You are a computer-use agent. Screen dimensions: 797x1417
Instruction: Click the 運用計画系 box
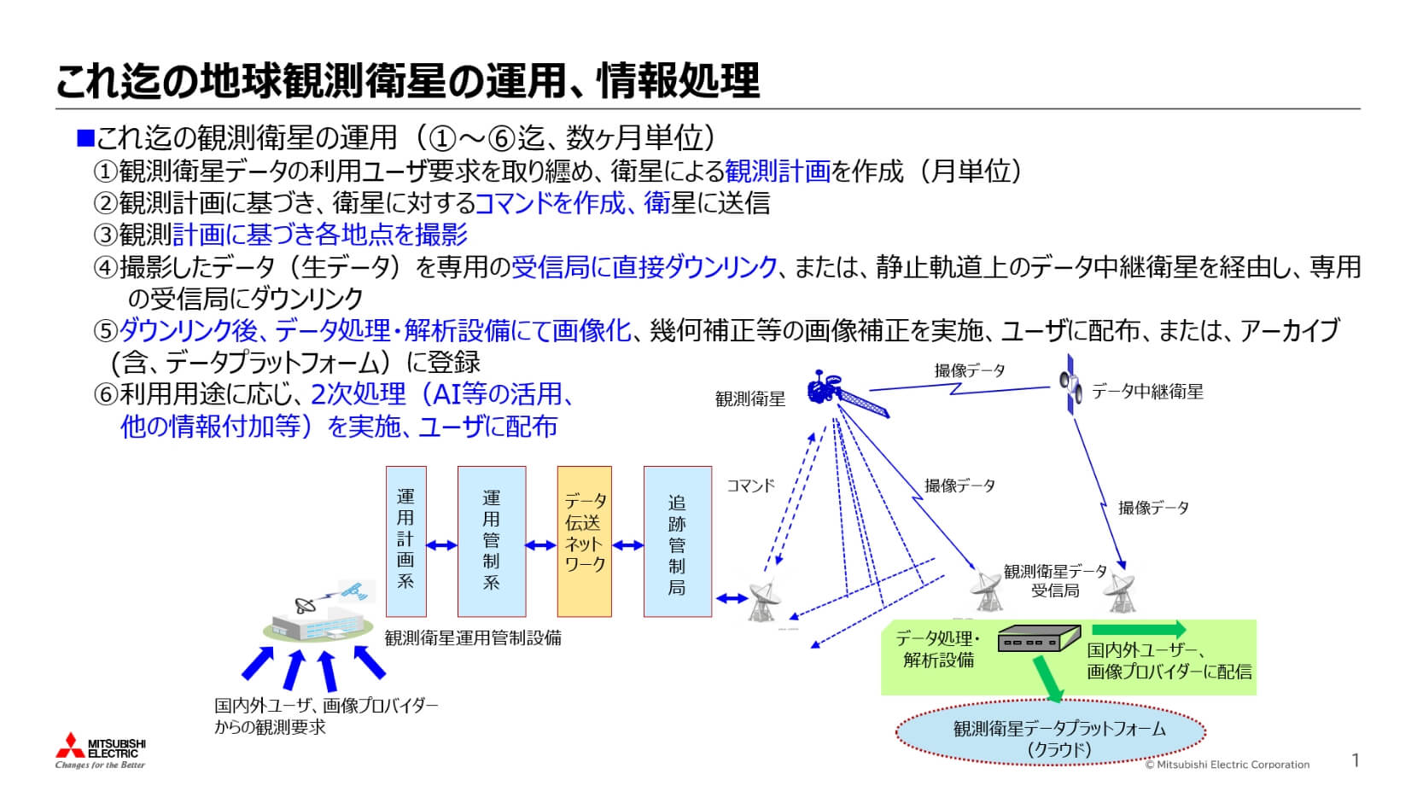point(405,541)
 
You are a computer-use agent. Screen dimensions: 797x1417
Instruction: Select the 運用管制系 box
point(492,541)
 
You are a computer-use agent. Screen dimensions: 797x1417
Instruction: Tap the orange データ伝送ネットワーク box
point(585,541)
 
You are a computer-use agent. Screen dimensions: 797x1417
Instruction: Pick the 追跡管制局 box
point(677,541)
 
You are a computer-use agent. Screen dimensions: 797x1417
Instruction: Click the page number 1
point(1356,760)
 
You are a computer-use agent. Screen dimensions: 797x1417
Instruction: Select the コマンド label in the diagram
point(750,486)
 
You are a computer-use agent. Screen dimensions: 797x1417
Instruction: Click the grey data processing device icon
point(1039,639)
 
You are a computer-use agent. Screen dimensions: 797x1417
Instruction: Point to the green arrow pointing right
point(1139,631)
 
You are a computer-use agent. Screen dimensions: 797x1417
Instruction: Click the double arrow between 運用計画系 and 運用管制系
point(442,544)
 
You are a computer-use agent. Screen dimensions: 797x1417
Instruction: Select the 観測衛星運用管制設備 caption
point(473,637)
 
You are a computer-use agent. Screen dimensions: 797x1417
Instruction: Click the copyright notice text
point(1227,765)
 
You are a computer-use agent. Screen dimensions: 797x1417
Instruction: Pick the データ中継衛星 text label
point(1147,392)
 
